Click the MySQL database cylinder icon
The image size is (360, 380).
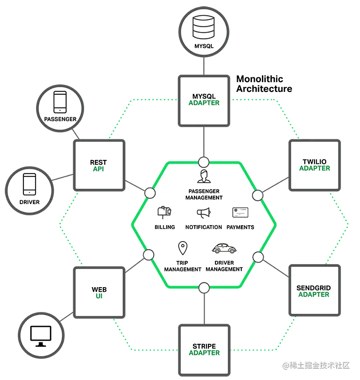click(x=204, y=28)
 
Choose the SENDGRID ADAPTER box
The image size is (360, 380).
click(x=314, y=291)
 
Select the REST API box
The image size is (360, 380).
click(x=99, y=165)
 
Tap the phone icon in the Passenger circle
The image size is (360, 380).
click(x=60, y=102)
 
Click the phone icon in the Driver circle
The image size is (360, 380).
click(x=30, y=184)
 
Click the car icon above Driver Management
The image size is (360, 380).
click(x=224, y=248)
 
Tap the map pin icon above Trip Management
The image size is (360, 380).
click(x=182, y=248)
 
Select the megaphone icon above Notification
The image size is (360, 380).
click(x=204, y=213)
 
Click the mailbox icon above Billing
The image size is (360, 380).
click(x=164, y=213)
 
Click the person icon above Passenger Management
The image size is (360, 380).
click(x=204, y=177)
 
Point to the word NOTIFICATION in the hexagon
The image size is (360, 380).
click(x=204, y=227)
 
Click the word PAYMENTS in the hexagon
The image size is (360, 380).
click(x=240, y=227)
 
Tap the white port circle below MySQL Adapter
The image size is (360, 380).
click(x=204, y=163)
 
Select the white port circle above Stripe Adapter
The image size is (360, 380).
click(x=204, y=287)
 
